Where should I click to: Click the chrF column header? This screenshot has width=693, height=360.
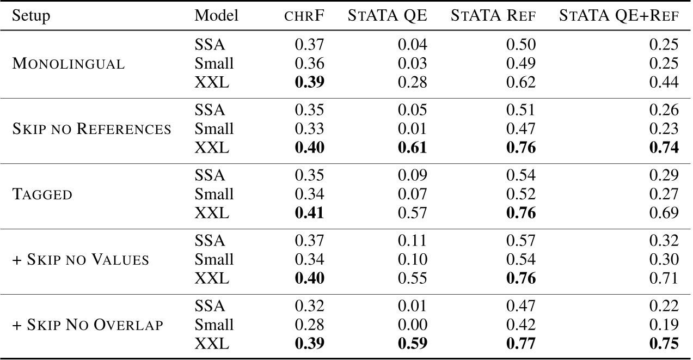click(305, 16)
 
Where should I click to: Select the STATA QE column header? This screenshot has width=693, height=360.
click(388, 16)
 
